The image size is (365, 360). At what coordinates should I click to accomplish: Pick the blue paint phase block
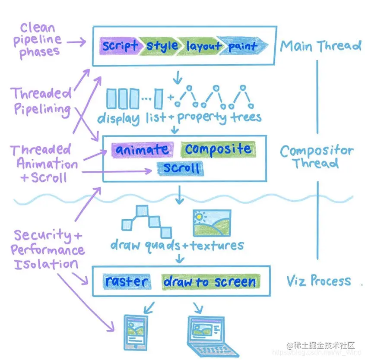[x=242, y=46]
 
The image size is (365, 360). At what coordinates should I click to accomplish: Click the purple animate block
[x=142, y=149]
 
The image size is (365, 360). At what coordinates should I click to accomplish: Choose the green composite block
[x=218, y=149]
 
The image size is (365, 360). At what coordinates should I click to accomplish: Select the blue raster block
[x=126, y=281]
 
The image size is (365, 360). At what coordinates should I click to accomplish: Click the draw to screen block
[x=210, y=282]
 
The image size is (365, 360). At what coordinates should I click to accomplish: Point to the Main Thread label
[x=320, y=46]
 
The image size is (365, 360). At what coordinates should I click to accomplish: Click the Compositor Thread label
[x=316, y=157]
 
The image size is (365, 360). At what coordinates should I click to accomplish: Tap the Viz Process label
[x=318, y=281]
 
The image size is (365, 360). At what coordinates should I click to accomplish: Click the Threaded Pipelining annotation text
[x=41, y=101]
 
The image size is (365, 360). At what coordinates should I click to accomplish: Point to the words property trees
[x=219, y=117]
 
